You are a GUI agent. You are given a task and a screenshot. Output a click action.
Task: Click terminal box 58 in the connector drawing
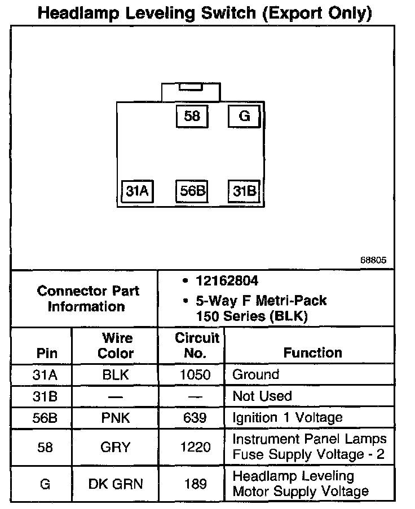[192, 117]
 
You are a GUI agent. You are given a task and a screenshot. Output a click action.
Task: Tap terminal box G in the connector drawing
[244, 117]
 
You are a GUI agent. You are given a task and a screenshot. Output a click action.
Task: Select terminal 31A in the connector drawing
[138, 191]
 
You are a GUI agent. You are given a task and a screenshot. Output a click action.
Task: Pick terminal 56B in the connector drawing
[192, 191]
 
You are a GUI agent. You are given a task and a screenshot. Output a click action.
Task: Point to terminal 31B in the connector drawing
[244, 191]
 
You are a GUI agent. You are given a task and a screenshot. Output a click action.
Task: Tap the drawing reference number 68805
[373, 261]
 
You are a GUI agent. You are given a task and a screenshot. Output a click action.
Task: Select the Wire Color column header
[116, 346]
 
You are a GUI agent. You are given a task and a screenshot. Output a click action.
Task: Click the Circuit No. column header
[197, 346]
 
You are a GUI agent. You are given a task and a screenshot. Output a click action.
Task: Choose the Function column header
[312, 353]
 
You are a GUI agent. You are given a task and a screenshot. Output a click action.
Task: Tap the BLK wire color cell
[116, 375]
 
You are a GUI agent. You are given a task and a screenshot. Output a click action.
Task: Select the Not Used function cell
[262, 396]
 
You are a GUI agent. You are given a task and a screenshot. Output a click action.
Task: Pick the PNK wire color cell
[116, 417]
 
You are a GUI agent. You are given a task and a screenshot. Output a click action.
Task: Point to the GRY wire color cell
[116, 447]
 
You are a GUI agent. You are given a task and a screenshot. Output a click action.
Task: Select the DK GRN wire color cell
[116, 484]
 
